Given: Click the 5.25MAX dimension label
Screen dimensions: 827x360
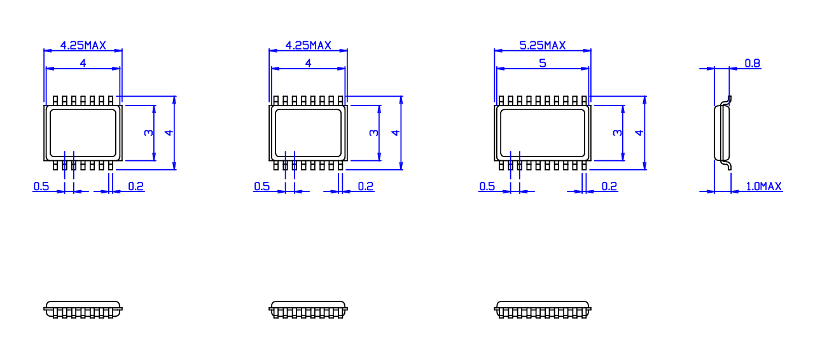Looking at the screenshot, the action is point(543,45).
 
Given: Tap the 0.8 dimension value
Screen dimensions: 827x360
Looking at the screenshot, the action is point(753,64).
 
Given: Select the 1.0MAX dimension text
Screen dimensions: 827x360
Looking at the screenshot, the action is point(764,186).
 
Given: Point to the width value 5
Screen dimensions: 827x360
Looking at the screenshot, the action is point(543,64).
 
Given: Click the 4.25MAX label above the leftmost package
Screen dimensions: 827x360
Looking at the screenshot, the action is point(83,45).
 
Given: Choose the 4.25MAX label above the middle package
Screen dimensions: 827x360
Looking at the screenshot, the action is point(309,45).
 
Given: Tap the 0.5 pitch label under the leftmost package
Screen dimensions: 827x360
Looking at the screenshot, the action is point(41,186).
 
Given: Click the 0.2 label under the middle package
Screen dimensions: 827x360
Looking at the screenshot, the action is point(366,186).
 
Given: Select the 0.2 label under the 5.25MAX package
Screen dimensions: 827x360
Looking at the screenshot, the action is point(609,186).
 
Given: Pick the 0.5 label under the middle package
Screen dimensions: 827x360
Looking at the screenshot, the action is point(261,186).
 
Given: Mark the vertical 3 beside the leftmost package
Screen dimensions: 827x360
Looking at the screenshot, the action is point(148,132).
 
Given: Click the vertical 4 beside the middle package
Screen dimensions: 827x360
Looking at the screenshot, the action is point(396,132).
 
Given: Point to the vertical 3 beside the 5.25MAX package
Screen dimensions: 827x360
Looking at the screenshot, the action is point(617,132).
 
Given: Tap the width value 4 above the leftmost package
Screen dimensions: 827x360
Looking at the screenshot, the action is point(83,64).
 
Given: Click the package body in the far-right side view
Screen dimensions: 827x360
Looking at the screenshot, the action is point(722,133).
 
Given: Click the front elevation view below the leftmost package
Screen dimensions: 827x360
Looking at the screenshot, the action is point(83,309).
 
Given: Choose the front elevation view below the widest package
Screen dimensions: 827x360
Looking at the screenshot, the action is point(543,309).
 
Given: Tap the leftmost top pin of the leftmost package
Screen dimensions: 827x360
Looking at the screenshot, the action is point(55,100).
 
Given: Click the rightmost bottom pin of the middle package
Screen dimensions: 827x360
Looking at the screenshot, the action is point(340,165).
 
